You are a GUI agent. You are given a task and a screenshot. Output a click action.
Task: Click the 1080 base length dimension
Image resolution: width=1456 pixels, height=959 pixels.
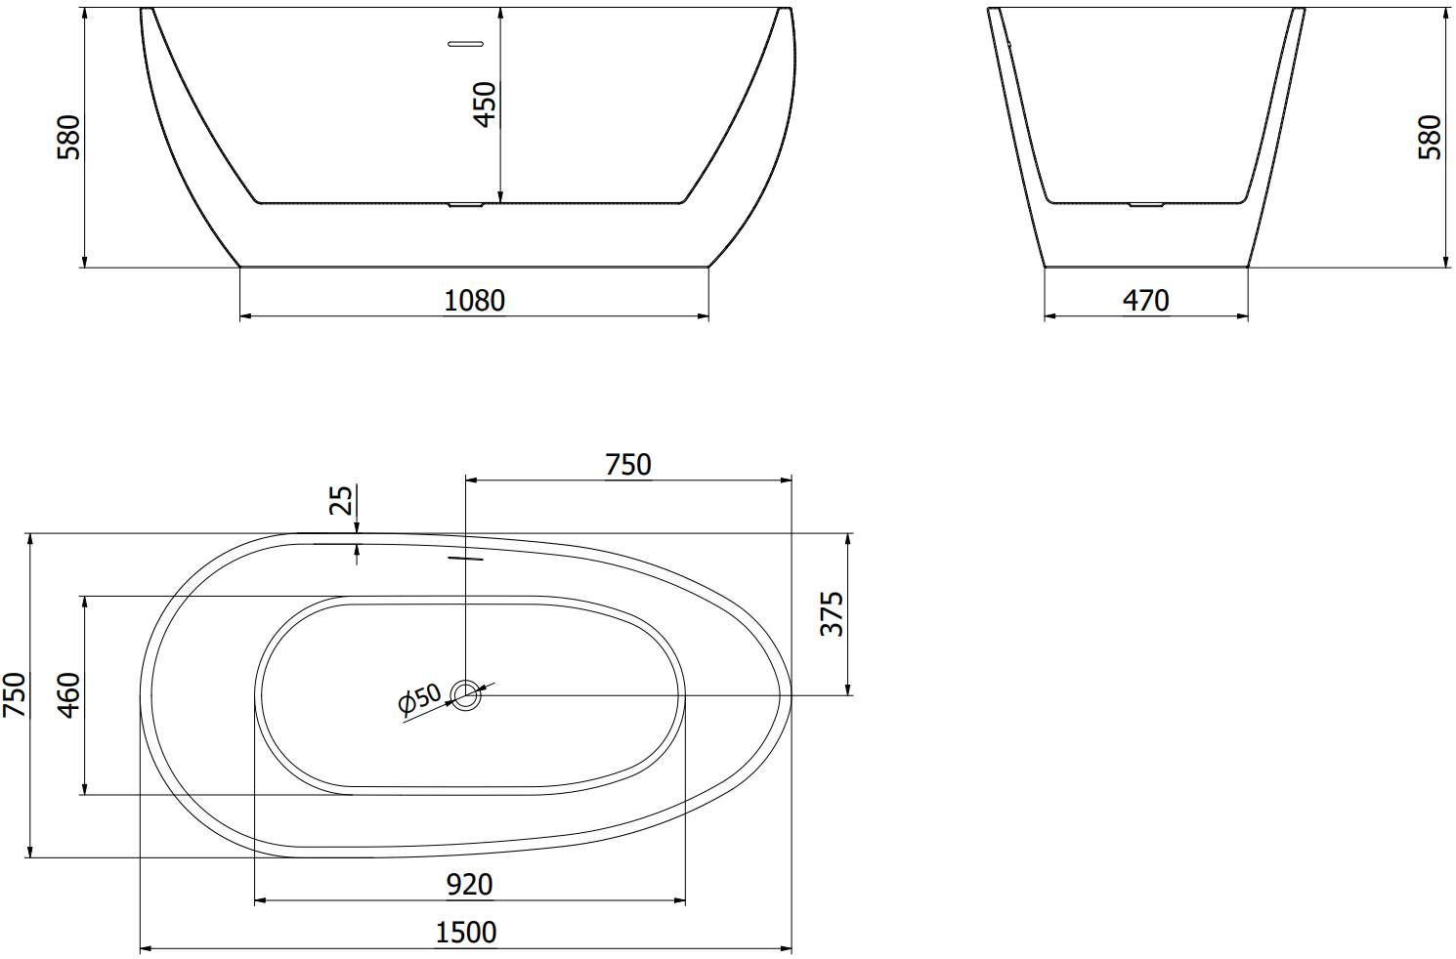[x=474, y=301]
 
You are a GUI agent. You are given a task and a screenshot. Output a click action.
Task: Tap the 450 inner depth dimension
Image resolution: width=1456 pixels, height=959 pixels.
[x=485, y=104]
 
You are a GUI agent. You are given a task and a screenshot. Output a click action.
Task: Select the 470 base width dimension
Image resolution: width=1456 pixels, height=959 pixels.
[x=1146, y=301]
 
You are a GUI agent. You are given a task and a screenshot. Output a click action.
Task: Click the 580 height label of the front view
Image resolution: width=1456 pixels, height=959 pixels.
[x=69, y=137]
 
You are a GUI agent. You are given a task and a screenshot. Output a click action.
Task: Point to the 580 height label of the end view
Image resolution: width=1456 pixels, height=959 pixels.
[x=1430, y=137]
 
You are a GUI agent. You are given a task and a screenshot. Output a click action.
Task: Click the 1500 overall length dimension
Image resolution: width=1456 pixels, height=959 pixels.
[x=465, y=933]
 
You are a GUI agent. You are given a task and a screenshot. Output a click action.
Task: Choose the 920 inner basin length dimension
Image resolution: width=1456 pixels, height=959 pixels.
[x=469, y=884]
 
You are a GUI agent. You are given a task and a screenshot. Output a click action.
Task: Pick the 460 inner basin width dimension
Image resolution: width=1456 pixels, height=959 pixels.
[x=69, y=695]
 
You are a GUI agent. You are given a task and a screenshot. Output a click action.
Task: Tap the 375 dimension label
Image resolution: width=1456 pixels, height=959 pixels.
[x=832, y=614]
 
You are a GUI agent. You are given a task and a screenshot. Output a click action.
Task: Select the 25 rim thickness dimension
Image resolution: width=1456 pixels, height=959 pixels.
[x=341, y=500]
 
